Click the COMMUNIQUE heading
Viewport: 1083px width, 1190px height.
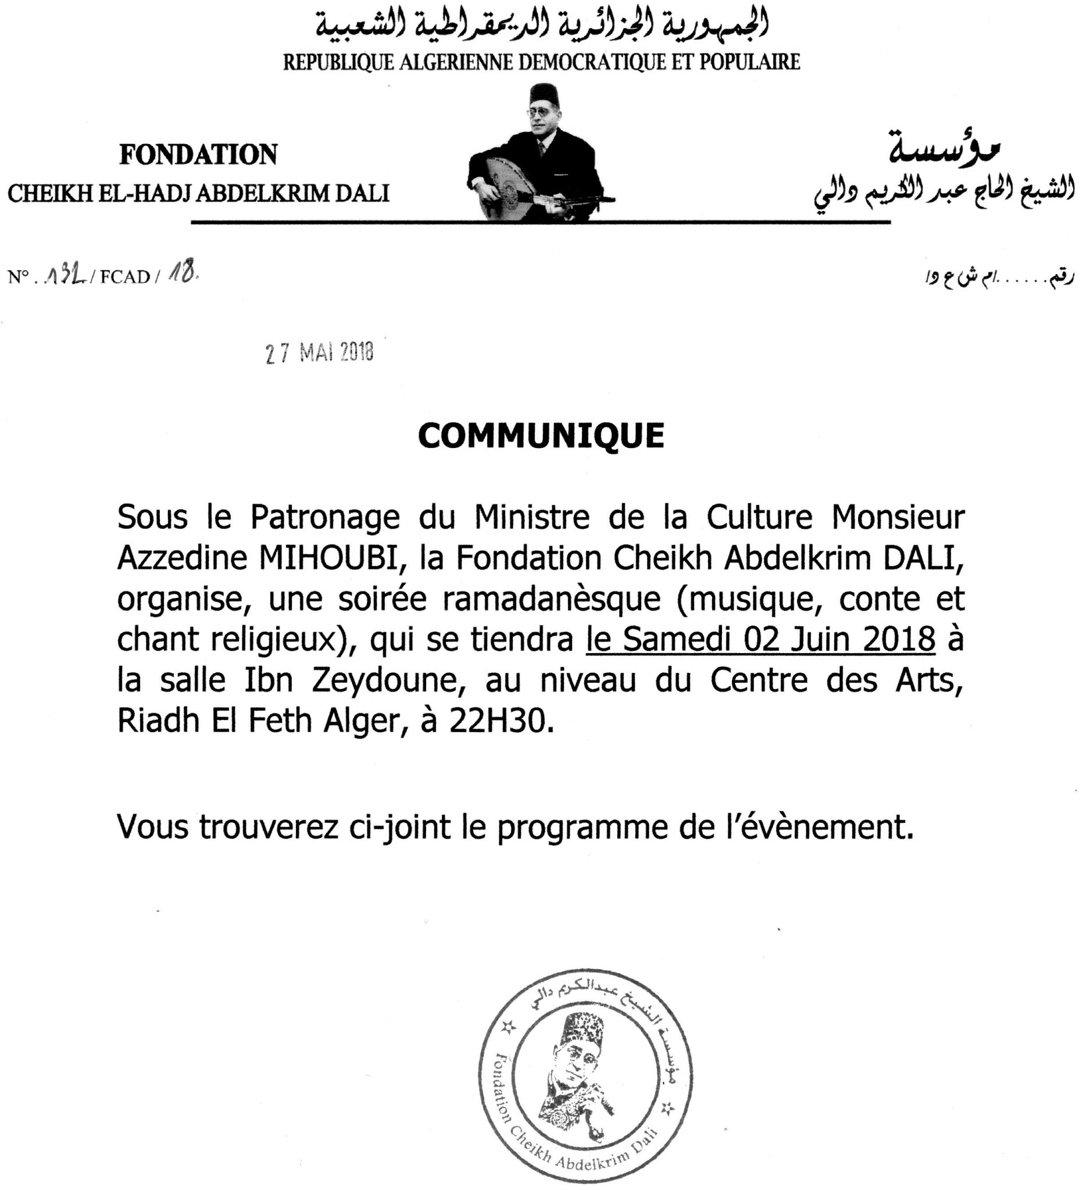pyautogui.click(x=541, y=436)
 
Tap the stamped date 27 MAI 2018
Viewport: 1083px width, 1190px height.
pyautogui.click(x=320, y=353)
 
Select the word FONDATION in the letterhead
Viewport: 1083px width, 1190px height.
pyautogui.click(x=198, y=155)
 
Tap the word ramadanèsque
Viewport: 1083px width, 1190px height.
pyautogui.click(x=552, y=598)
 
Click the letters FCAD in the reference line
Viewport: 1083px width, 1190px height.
pyautogui.click(x=125, y=277)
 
